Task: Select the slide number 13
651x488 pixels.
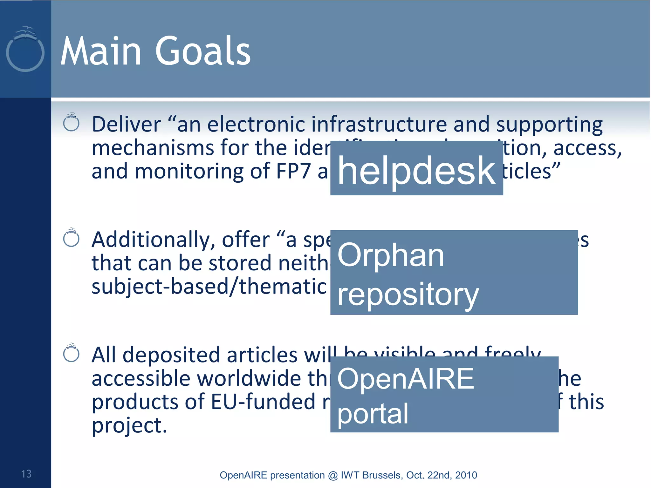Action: (x=26, y=474)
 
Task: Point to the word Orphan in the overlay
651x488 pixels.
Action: (x=390, y=255)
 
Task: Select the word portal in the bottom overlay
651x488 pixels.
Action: (x=373, y=414)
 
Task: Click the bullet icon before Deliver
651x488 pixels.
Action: (x=71, y=123)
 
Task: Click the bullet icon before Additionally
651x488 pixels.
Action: (x=71, y=238)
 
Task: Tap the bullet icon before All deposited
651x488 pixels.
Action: (x=71, y=353)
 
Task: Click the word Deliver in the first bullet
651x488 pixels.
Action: (x=127, y=124)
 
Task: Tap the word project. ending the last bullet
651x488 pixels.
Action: (x=129, y=426)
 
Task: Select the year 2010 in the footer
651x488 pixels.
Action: (x=466, y=475)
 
